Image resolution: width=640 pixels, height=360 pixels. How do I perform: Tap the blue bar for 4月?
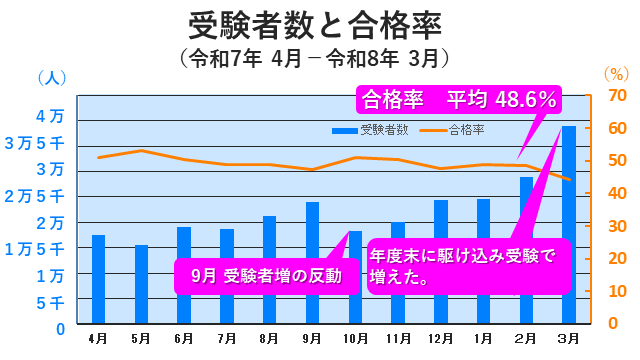[98, 280]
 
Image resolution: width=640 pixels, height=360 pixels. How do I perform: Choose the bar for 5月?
[141, 285]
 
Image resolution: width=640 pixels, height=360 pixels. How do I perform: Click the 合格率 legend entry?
[459, 130]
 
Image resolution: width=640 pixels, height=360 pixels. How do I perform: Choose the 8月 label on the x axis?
[269, 339]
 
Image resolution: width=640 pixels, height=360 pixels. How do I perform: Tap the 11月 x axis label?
[397, 339]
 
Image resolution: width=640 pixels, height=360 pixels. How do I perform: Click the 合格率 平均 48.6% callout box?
[459, 100]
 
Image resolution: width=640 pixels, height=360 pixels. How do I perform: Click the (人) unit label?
[51, 77]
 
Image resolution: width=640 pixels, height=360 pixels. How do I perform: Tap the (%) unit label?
[615, 73]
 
